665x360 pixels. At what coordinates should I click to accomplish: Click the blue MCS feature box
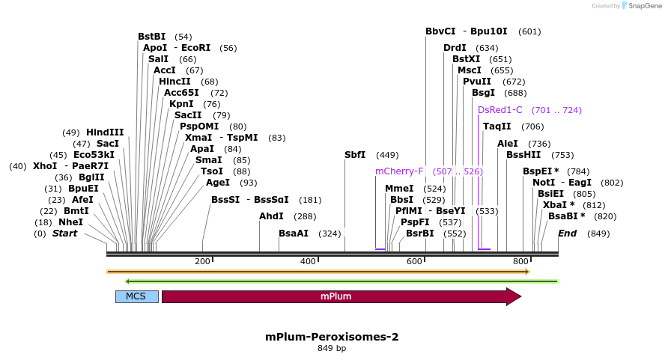pos(136,296)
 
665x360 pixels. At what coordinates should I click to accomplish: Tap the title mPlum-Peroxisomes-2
pos(332,337)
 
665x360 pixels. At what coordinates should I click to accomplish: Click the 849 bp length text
pos(332,348)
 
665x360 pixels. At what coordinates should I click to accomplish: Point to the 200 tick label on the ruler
pos(202,261)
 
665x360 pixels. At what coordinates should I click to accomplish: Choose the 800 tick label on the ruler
pos(520,261)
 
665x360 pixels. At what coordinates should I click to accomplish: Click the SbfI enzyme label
pos(355,155)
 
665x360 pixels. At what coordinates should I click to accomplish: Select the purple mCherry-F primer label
pos(399,171)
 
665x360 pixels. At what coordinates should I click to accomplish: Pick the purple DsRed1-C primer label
pos(500,110)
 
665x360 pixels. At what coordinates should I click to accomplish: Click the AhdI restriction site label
pos(271,216)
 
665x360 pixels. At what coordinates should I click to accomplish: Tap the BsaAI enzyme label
pos(294,234)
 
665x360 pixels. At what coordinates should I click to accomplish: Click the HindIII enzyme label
pos(105,132)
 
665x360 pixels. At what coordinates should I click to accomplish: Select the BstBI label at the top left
pos(154,37)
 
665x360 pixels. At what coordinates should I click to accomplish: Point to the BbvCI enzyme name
pos(440,31)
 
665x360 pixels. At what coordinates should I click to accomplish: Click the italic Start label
pos(64,234)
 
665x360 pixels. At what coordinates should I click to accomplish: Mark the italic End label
pos(568,234)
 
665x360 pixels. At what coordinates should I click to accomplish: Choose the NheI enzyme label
pos(70,222)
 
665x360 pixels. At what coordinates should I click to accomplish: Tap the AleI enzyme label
pos(508,144)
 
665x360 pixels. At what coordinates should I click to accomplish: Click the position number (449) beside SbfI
pos(387,155)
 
